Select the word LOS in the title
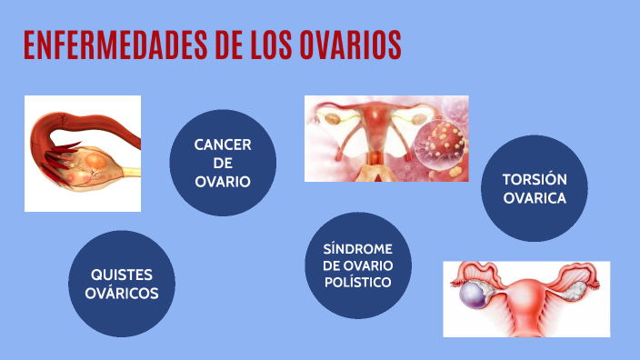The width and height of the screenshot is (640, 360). click(x=269, y=45)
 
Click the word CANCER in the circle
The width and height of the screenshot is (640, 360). click(x=223, y=145)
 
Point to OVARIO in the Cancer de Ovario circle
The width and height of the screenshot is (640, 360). click(x=223, y=181)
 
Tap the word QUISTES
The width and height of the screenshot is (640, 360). click(x=121, y=275)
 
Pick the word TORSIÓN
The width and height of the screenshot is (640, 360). click(x=535, y=179)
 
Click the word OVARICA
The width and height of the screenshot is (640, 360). click(x=535, y=197)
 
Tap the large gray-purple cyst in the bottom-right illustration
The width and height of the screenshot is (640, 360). click(x=473, y=295)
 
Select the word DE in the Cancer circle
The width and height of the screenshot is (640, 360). click(x=223, y=164)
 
